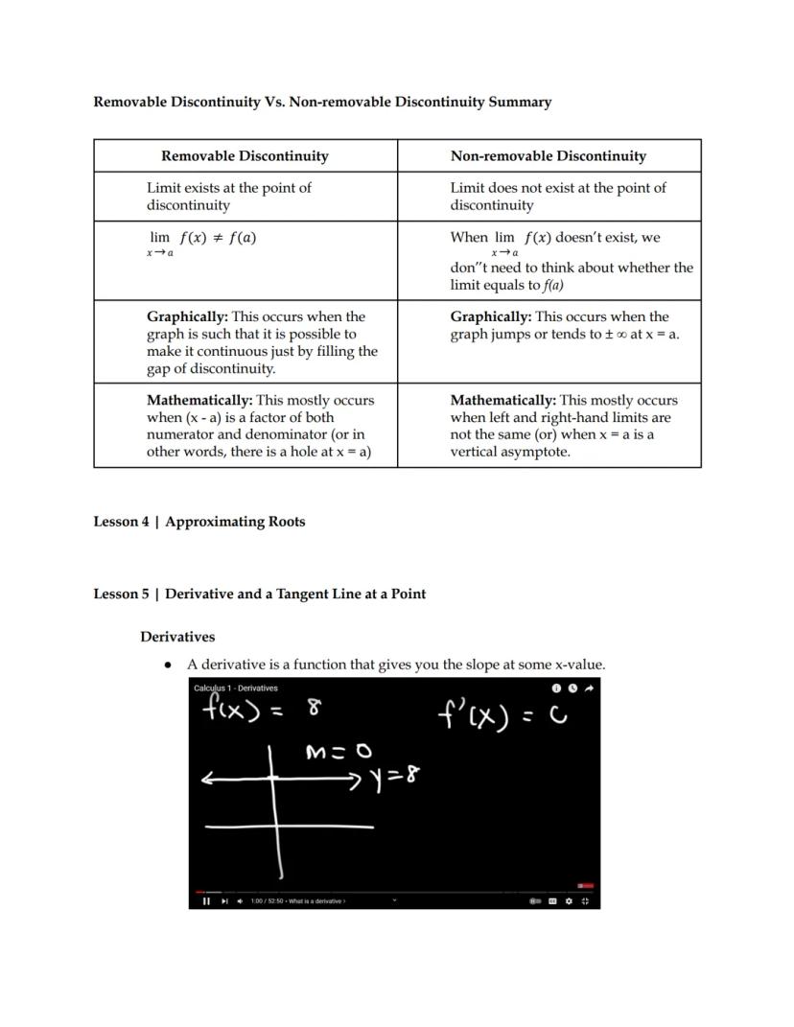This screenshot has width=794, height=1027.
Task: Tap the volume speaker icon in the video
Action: tap(240, 900)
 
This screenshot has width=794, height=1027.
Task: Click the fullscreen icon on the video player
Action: tap(585, 900)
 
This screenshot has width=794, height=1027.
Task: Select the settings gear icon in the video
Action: tap(569, 900)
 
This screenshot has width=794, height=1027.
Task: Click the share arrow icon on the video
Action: tap(589, 688)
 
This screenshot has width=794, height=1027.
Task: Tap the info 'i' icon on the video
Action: tap(556, 688)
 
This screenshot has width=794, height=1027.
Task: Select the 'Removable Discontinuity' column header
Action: tap(245, 156)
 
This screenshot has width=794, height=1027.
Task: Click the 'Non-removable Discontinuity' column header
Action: tap(548, 156)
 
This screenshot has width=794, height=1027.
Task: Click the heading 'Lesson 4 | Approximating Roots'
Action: tap(198, 522)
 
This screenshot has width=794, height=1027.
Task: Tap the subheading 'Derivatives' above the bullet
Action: tap(177, 637)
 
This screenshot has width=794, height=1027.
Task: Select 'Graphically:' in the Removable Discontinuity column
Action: tap(187, 316)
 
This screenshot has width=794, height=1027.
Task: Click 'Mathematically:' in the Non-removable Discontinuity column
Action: tap(502, 401)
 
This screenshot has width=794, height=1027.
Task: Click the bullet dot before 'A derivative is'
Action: tap(169, 665)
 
